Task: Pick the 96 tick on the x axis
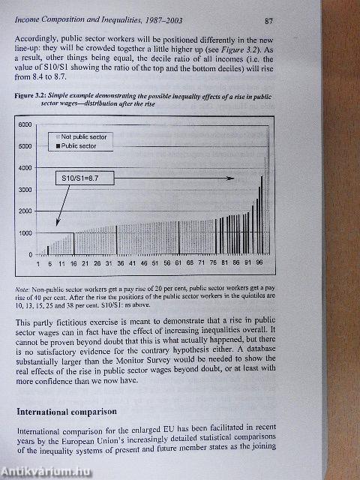pyautogui.click(x=259, y=264)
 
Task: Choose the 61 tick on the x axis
pyautogui.click(x=178, y=264)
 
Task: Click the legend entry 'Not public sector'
pyautogui.click(x=84, y=137)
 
